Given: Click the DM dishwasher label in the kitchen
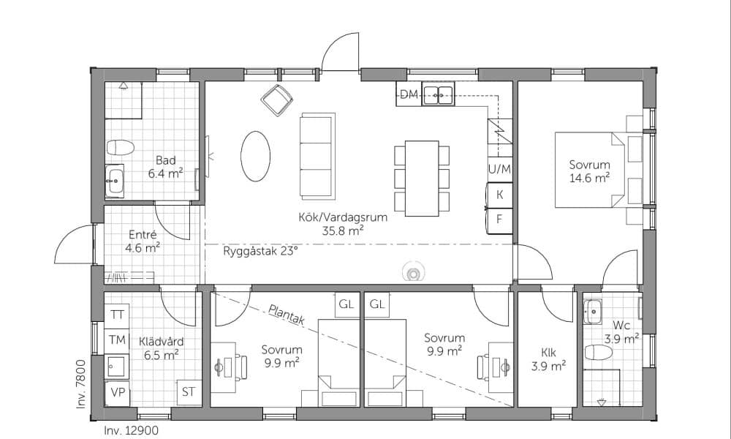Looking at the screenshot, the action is click(x=409, y=94).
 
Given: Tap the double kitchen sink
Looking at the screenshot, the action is click(x=438, y=94).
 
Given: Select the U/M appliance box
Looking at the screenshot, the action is click(x=499, y=169).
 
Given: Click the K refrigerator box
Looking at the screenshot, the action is click(x=499, y=195).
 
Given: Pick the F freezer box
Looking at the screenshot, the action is click(x=499, y=219).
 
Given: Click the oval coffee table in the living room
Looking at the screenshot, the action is click(x=255, y=157).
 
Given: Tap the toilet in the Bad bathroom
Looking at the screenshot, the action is click(x=121, y=147).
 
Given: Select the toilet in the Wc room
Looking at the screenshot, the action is click(x=599, y=352).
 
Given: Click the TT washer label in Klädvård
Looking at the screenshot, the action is click(x=117, y=315).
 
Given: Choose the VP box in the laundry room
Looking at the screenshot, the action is click(x=117, y=393).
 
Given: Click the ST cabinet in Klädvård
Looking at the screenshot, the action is click(x=189, y=392).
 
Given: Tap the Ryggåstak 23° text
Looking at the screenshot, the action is click(x=260, y=252).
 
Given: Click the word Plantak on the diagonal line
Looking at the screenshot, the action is click(x=287, y=314).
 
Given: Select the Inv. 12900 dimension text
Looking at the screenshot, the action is click(x=131, y=431).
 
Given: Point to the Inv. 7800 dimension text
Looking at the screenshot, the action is click(x=81, y=384).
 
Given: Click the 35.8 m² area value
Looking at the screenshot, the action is click(x=343, y=230).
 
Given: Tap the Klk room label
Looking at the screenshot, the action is click(x=549, y=353).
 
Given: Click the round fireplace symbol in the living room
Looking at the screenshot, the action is click(x=412, y=272).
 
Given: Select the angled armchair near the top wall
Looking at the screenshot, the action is click(x=277, y=100).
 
